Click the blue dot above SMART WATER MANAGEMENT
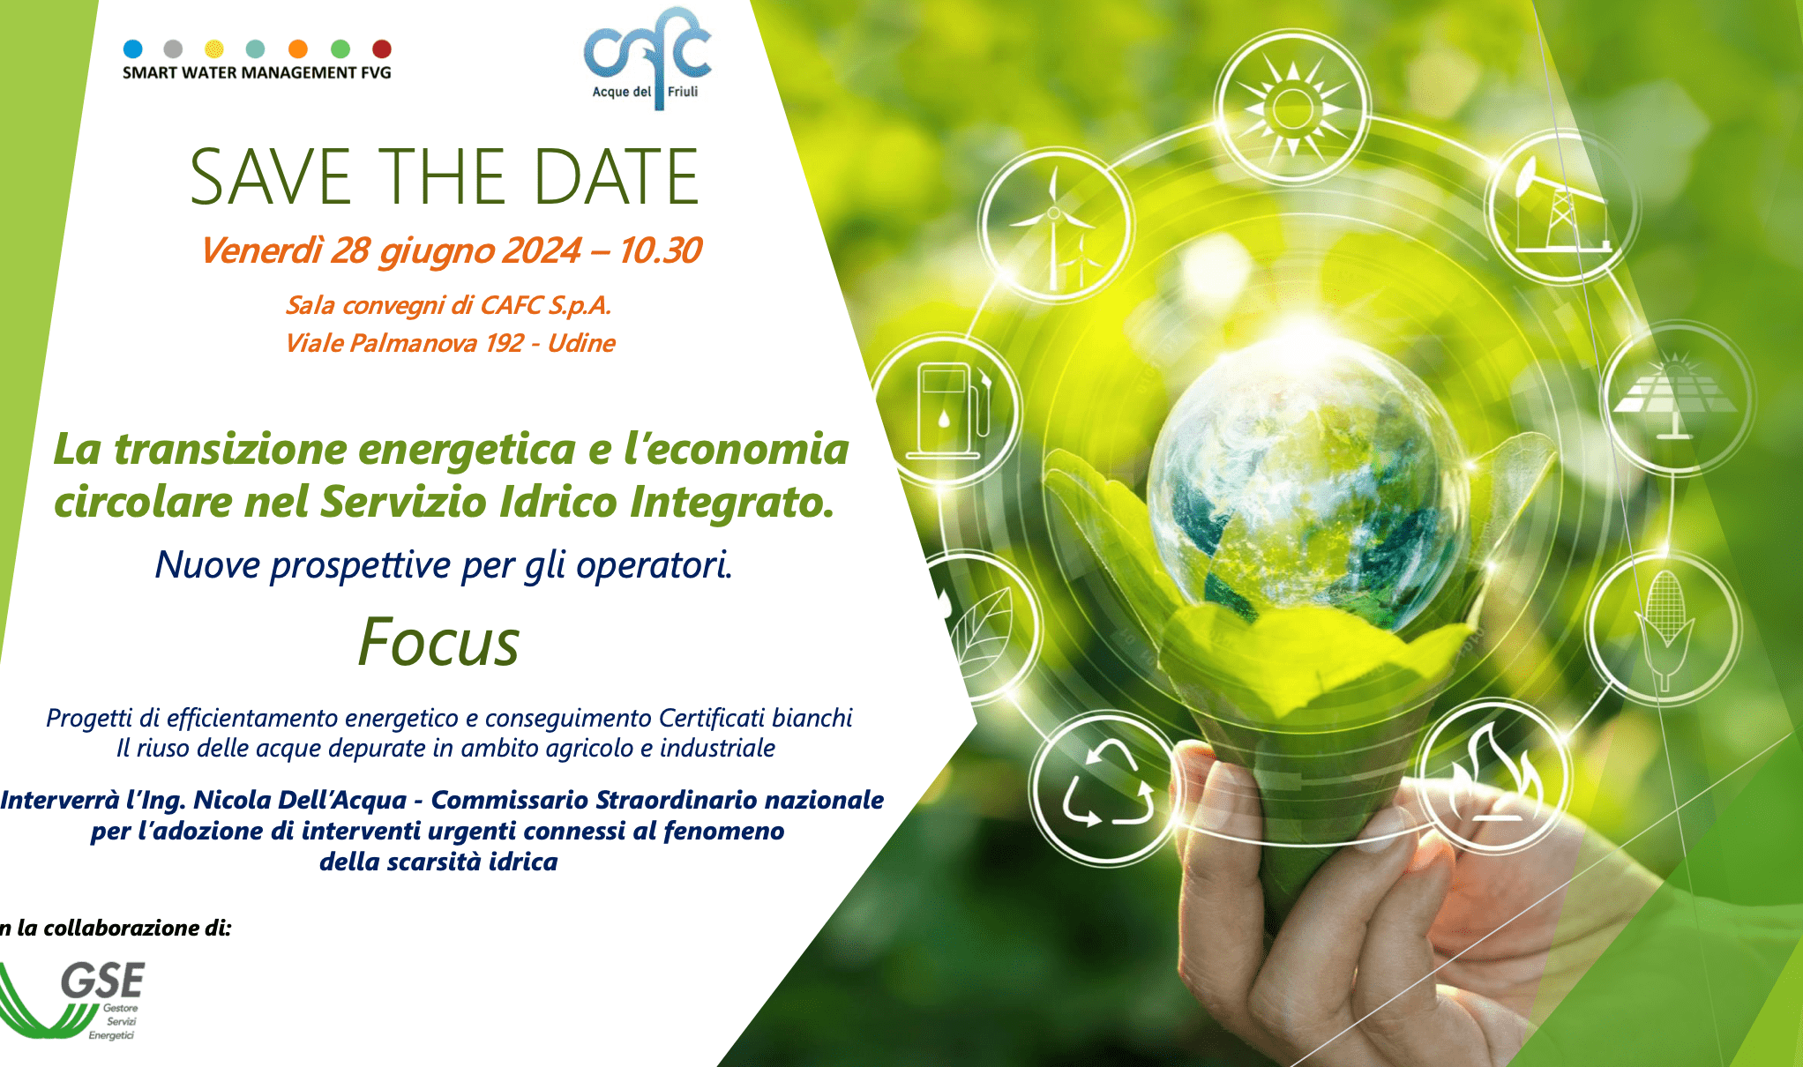tap(133, 48)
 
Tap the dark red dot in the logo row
tap(382, 48)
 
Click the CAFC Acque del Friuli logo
tap(647, 58)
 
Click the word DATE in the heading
tap(617, 177)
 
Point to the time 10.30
tap(660, 250)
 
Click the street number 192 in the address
tap(504, 343)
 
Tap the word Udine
tap(581, 343)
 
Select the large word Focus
tap(438, 642)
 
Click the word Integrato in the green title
tap(731, 503)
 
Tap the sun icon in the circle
tap(1292, 108)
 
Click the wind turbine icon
tap(1055, 228)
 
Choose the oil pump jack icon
tap(1562, 208)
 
